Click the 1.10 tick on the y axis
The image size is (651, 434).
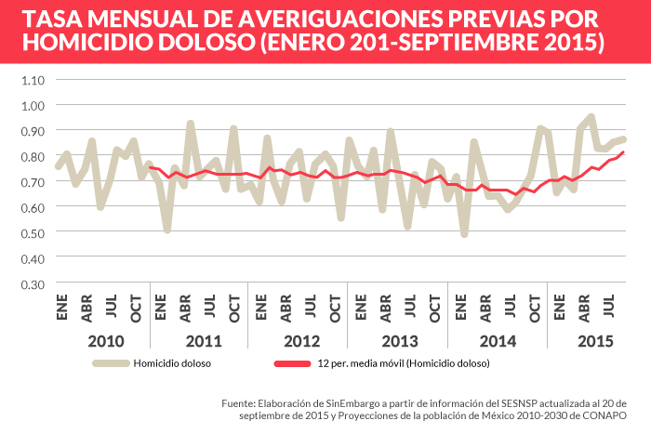click(x=31, y=79)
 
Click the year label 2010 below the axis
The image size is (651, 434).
click(x=105, y=341)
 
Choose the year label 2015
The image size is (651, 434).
click(x=595, y=341)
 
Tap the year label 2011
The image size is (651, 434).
click(x=204, y=341)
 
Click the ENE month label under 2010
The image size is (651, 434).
click(x=62, y=309)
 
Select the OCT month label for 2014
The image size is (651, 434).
click(x=535, y=309)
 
